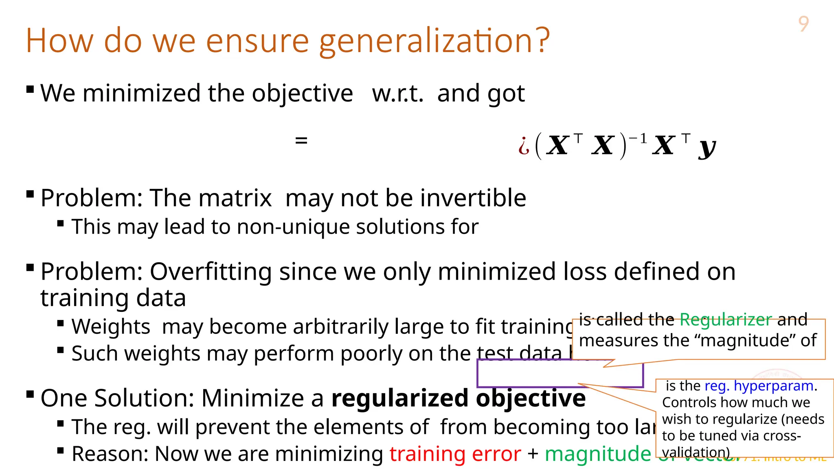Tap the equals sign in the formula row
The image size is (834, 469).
click(x=301, y=141)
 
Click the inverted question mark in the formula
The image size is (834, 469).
click(x=524, y=146)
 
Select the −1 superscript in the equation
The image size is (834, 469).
click(x=638, y=139)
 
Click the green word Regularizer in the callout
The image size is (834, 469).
click(x=726, y=320)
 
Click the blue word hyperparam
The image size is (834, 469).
click(x=774, y=386)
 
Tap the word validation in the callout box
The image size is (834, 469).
click(x=696, y=452)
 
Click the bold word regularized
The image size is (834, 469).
click(x=400, y=398)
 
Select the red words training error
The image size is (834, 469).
click(x=455, y=454)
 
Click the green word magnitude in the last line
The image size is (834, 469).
click(x=598, y=454)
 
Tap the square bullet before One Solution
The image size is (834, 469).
click(x=30, y=394)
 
